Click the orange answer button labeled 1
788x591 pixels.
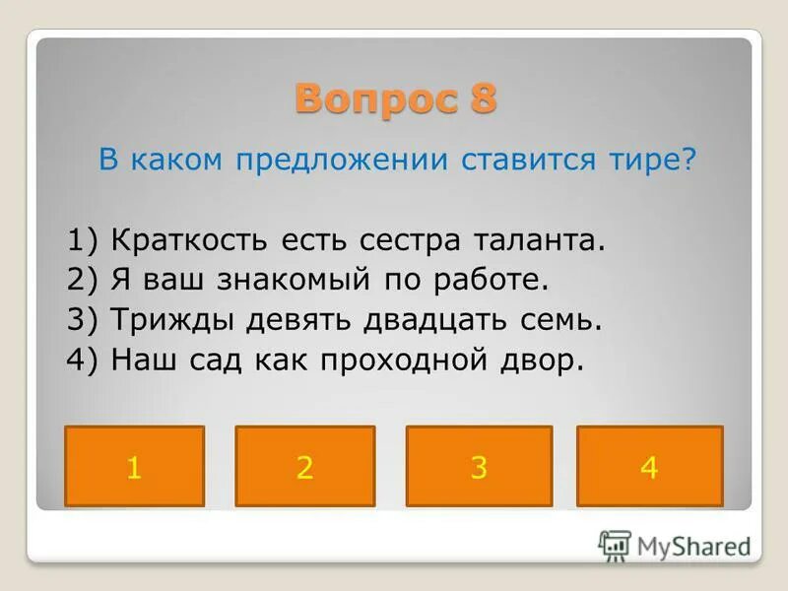pyautogui.click(x=134, y=466)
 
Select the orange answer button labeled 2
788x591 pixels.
pyautogui.click(x=305, y=466)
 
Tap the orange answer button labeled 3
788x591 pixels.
pyautogui.click(x=479, y=466)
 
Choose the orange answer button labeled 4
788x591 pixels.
pyautogui.click(x=649, y=466)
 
